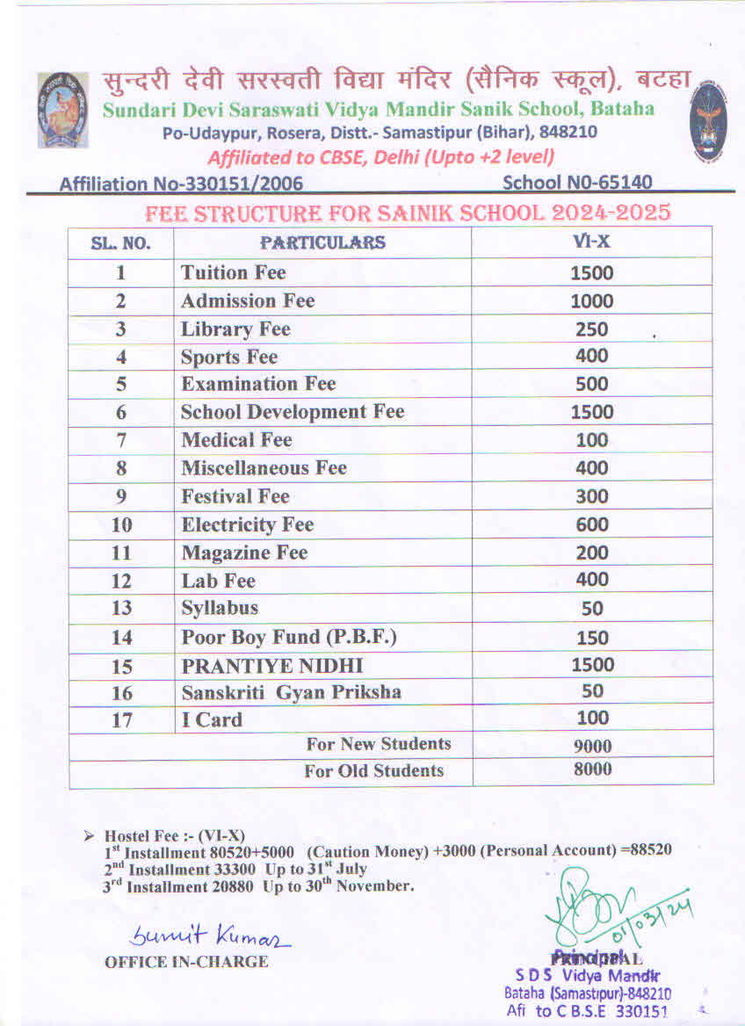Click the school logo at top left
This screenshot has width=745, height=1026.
pos(63,109)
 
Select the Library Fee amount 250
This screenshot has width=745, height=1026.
pos(591,329)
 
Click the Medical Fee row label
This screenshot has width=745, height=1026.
pos(236,440)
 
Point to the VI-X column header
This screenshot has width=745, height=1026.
pos(591,242)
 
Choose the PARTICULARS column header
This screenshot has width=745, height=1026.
pos(322,242)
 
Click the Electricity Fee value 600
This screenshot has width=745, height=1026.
pos(591,524)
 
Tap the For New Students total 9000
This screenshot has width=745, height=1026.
pos(591,747)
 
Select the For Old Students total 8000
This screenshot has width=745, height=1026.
pos(591,770)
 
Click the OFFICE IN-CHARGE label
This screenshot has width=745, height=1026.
pos(186,962)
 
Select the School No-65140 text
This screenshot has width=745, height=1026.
pos(577,182)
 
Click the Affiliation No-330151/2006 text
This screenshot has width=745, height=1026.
pos(181,184)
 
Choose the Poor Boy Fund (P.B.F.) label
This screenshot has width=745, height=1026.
pos(289,637)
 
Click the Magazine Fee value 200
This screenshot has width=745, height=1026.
pos(591,553)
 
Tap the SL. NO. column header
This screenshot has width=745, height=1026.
pos(121,243)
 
